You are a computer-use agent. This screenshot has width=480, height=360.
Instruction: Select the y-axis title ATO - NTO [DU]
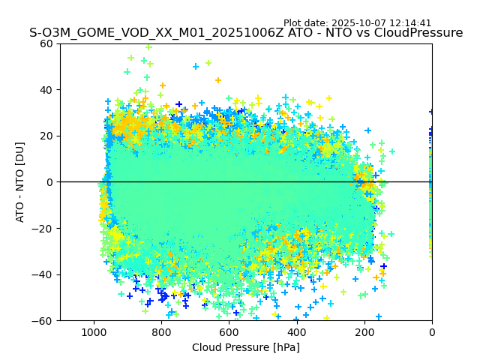(x=20, y=182)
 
